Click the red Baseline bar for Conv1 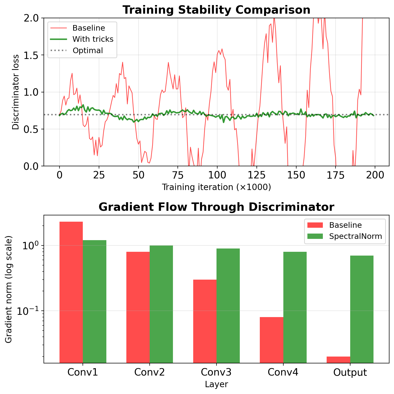(71, 292)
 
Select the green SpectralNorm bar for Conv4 (295, 307)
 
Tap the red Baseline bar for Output (338, 360)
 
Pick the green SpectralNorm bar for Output (362, 309)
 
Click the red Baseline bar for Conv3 (205, 321)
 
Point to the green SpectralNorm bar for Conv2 (161, 304)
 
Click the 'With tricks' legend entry (93, 39)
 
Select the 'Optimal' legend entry (88, 51)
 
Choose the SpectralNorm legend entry (355, 236)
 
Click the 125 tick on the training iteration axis (257, 175)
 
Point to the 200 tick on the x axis (375, 175)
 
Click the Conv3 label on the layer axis (216, 372)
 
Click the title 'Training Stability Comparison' (216, 10)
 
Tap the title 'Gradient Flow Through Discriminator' (216, 207)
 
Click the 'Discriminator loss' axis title (16, 92)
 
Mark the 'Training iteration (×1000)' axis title (216, 187)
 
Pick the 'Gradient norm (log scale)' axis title (9, 289)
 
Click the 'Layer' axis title (216, 384)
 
